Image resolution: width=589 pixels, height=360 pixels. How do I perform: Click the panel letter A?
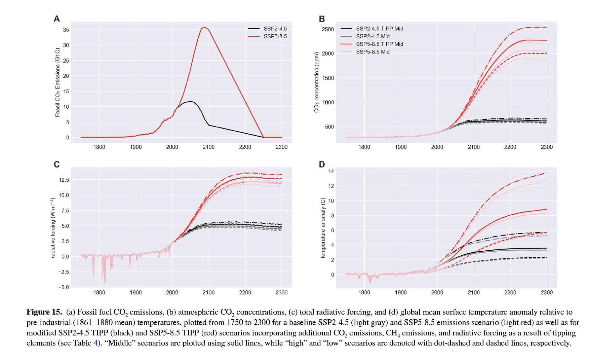(x=57, y=19)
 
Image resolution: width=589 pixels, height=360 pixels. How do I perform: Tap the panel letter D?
(x=322, y=165)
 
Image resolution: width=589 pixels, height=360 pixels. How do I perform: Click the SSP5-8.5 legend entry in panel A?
(x=275, y=36)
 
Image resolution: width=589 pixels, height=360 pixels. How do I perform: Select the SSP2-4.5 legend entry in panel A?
(x=275, y=29)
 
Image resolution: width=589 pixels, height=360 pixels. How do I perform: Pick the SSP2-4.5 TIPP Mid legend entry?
(x=379, y=29)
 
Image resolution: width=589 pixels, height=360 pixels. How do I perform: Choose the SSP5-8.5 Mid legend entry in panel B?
(x=372, y=52)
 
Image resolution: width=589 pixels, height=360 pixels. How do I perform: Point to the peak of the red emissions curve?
(x=205, y=27)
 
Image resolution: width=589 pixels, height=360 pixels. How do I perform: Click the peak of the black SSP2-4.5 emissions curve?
(x=190, y=101)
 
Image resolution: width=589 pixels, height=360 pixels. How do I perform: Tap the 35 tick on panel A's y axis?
(x=66, y=30)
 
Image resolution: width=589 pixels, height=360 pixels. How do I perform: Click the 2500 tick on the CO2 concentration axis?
(x=327, y=29)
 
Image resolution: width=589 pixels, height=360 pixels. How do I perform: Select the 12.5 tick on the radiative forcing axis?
(x=64, y=180)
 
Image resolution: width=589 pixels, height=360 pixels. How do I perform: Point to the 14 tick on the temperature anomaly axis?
(x=331, y=171)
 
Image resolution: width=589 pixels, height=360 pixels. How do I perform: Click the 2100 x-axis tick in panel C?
(x=208, y=292)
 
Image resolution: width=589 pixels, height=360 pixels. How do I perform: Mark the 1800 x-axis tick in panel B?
(x=364, y=147)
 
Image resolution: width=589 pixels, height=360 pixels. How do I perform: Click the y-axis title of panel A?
(x=57, y=82)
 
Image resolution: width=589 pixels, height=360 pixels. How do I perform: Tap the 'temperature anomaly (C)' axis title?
(x=323, y=228)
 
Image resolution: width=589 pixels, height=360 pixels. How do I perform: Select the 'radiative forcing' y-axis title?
(x=52, y=228)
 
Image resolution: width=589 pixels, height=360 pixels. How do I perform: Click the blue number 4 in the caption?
(x=95, y=343)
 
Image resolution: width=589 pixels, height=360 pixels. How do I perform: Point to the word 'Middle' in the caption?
(x=120, y=343)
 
